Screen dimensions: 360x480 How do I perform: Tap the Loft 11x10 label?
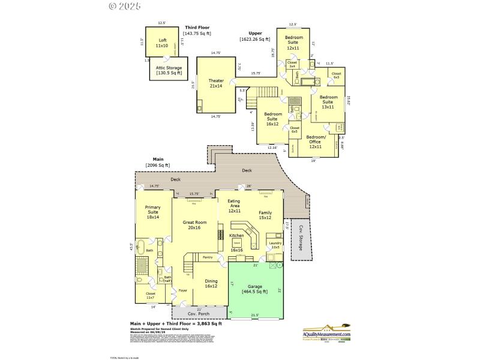pyautogui.click(x=162, y=43)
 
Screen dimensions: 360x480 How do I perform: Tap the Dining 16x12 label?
pyautogui.click(x=211, y=283)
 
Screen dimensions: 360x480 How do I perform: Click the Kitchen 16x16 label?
pyautogui.click(x=236, y=238)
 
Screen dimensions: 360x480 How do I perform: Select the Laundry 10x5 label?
pyautogui.click(x=275, y=245)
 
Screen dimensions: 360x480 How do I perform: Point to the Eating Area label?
pyautogui.click(x=234, y=206)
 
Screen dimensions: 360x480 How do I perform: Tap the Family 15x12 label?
pyautogui.click(x=265, y=215)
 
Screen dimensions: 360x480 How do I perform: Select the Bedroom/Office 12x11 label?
pyautogui.click(x=316, y=142)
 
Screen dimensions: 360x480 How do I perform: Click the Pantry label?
pyautogui.click(x=208, y=257)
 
